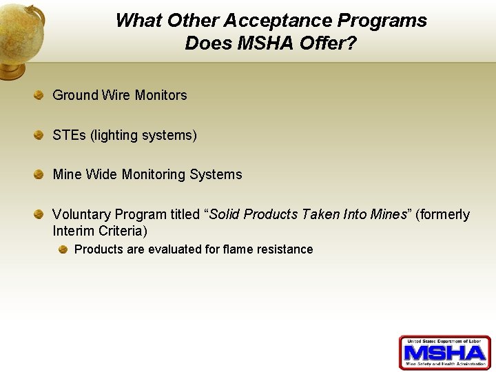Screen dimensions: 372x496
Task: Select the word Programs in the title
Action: tap(382, 21)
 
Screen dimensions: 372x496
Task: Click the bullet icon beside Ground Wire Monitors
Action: tap(40, 95)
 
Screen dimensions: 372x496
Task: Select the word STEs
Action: tap(69, 135)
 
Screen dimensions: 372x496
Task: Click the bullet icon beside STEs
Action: tap(40, 135)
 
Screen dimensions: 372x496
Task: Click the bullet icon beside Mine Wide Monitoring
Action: tap(40, 174)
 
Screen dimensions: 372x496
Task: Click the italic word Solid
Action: tap(224, 214)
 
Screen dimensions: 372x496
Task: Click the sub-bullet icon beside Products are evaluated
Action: tap(63, 249)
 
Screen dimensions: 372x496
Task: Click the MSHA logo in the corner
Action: tap(444, 353)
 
